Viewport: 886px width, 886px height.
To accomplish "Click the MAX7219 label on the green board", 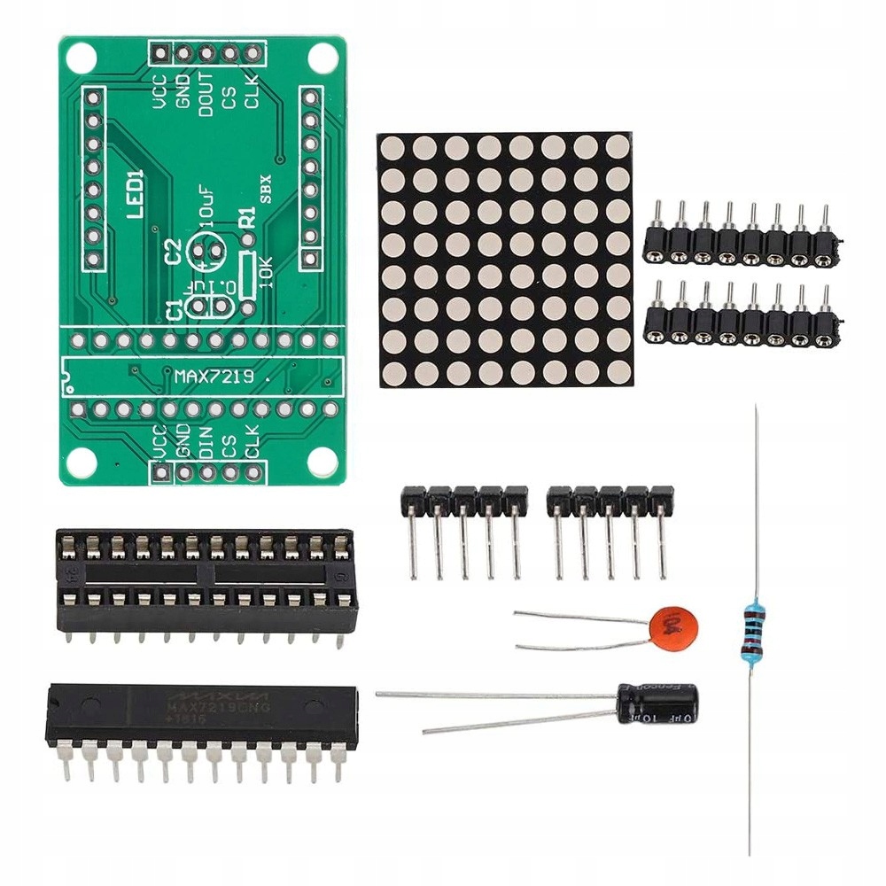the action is pos(214,377).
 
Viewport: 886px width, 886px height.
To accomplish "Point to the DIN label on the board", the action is pos(206,439).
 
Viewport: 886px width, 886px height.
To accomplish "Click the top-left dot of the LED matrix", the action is pos(394,148).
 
